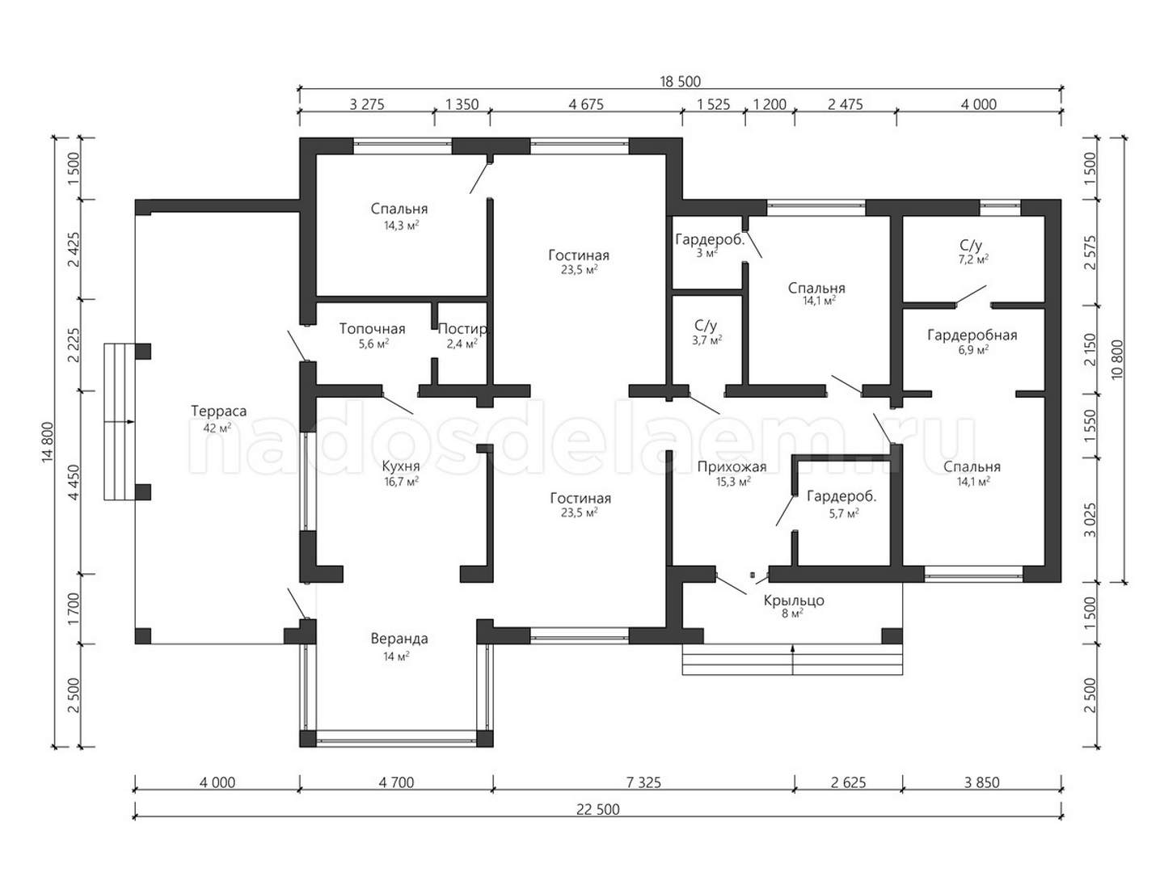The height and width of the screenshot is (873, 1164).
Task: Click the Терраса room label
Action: [x=218, y=411]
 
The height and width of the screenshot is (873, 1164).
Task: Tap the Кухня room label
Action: [x=401, y=466]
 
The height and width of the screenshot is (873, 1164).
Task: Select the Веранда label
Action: [x=399, y=639]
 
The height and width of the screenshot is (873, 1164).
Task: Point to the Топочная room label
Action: [x=373, y=329]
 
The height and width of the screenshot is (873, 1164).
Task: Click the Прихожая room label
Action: [x=732, y=467]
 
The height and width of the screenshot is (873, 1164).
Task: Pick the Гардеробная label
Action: [x=972, y=335]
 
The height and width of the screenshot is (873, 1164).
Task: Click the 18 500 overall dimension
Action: [x=680, y=82]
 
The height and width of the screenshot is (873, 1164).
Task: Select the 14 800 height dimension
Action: [x=47, y=442]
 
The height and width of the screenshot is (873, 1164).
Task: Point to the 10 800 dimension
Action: [x=1115, y=360]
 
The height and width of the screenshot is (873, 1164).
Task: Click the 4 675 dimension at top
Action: [x=586, y=104]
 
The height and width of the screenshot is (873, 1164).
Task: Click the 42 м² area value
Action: [x=217, y=428]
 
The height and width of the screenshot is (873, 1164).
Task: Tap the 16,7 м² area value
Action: [x=402, y=481]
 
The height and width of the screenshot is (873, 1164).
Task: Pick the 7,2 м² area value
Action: [x=973, y=259]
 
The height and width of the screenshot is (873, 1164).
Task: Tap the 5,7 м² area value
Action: [x=844, y=512]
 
